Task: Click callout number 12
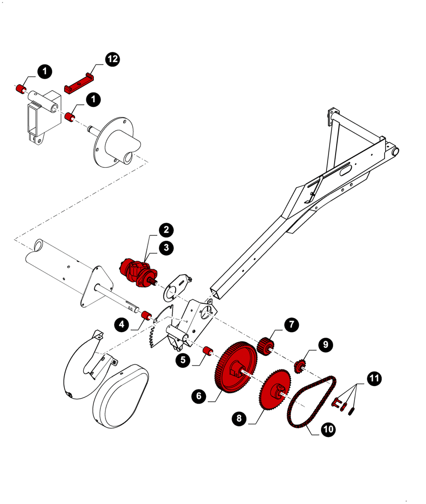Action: tap(113, 59)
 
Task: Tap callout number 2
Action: tap(166, 230)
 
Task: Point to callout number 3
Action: tap(166, 247)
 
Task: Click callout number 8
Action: tap(239, 418)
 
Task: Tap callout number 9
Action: tap(326, 345)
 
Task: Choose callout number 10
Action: tap(328, 429)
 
